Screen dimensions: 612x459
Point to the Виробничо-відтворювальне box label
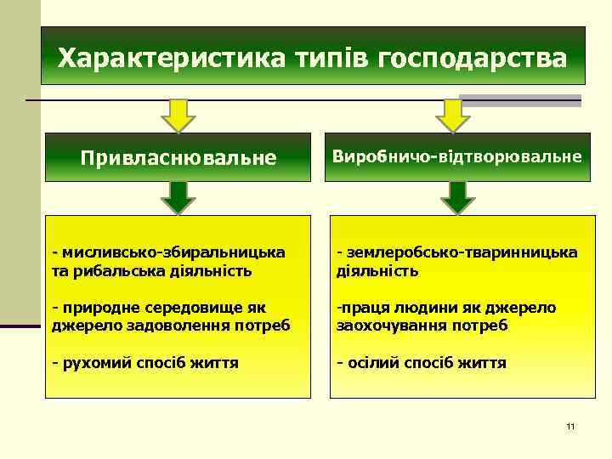pyautogui.click(x=457, y=157)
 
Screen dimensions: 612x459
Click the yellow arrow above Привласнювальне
pyautogui.click(x=179, y=116)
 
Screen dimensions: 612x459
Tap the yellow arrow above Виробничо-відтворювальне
pyautogui.click(x=453, y=116)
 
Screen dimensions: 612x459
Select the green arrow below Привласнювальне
pyautogui.click(x=179, y=197)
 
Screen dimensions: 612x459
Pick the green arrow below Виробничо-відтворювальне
pyautogui.click(x=457, y=197)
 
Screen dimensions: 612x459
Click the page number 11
pyautogui.click(x=570, y=425)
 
